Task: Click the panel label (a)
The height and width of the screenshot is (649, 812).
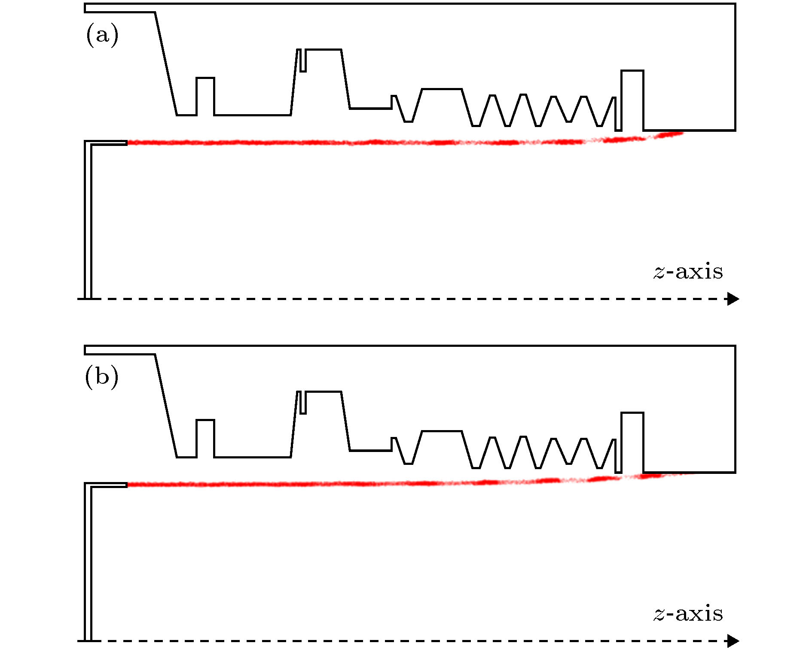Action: pyautogui.click(x=102, y=35)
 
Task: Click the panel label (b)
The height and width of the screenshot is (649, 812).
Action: pyautogui.click(x=101, y=376)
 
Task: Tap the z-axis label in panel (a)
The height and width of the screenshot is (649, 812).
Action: pyautogui.click(x=688, y=272)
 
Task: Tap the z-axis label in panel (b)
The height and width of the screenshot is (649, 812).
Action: pyautogui.click(x=688, y=614)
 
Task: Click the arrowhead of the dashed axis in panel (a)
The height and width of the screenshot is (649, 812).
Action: pyautogui.click(x=733, y=298)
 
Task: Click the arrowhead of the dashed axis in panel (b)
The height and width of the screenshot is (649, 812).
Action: pyautogui.click(x=733, y=640)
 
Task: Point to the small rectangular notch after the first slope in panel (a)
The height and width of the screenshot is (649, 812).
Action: pyautogui.click(x=205, y=97)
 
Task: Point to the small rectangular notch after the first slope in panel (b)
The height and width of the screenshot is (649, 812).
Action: pyautogui.click(x=205, y=438)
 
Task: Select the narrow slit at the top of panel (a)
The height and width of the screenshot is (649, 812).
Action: pyautogui.click(x=303, y=61)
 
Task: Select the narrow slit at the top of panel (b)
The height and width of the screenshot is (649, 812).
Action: pyautogui.click(x=303, y=403)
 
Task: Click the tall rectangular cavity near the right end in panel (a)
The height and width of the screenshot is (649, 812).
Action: pyautogui.click(x=632, y=100)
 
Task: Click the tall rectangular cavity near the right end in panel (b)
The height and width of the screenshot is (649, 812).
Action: pyautogui.click(x=632, y=443)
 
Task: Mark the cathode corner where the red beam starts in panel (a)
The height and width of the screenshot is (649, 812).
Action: pyautogui.click(x=127, y=143)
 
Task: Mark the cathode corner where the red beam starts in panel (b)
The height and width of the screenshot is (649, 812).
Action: pyautogui.click(x=127, y=485)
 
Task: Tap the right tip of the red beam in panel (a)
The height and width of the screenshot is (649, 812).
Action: pyautogui.click(x=683, y=133)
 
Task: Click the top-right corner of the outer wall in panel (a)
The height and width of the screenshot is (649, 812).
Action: pyautogui.click(x=735, y=4)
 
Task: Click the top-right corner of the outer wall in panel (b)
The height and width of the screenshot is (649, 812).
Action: pyautogui.click(x=735, y=346)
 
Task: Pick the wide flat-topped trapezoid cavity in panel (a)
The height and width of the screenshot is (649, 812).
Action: pyautogui.click(x=442, y=89)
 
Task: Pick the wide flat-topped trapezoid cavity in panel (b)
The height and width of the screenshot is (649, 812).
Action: pyautogui.click(x=442, y=431)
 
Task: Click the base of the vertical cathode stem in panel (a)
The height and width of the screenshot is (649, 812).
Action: pyautogui.click(x=88, y=297)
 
